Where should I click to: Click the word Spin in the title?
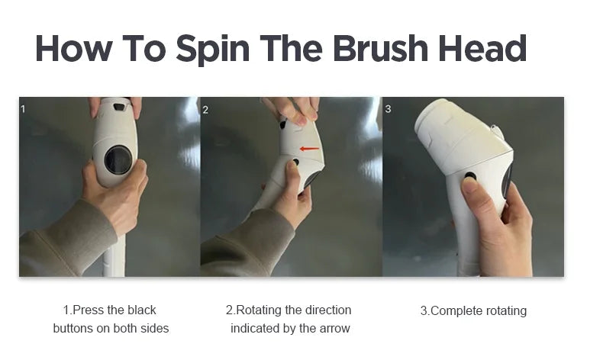pos(213,49)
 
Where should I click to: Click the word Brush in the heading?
pos(376,49)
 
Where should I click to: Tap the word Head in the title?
pos(482,49)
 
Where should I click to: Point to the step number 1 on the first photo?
pos(23,109)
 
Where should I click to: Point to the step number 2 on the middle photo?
pos(205,109)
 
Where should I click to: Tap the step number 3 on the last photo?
pos(388,109)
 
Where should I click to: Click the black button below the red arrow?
pos(295,162)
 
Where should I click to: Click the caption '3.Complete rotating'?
pos(473,310)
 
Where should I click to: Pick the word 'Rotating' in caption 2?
pos(259,310)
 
